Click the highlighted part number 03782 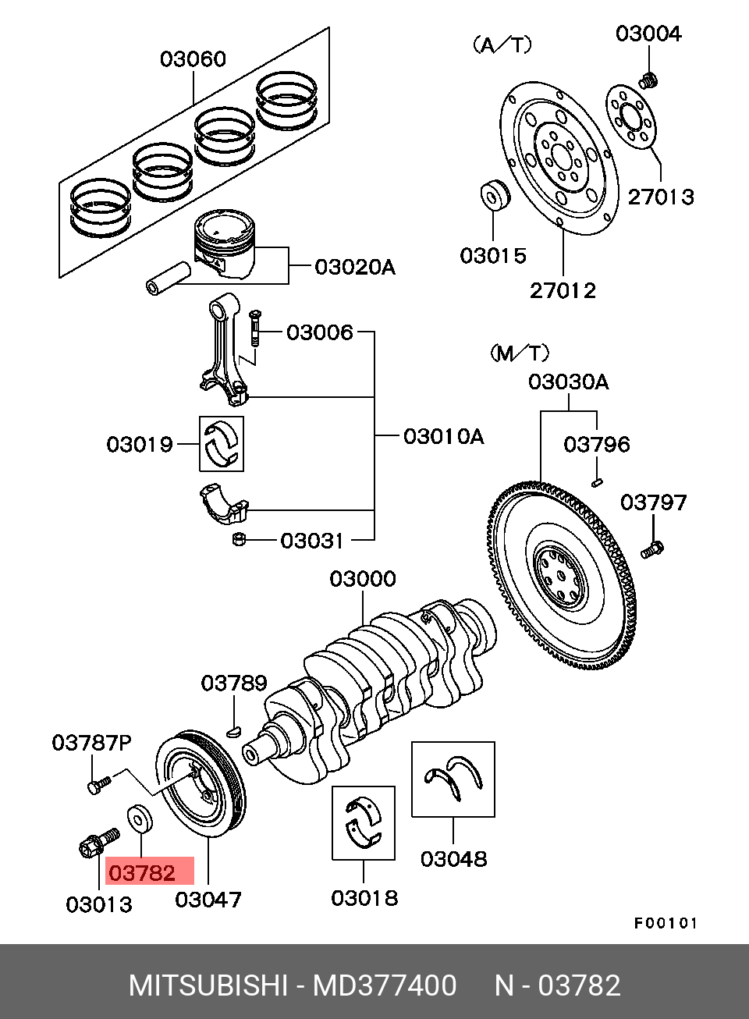coord(142,873)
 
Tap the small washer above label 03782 coord(140,819)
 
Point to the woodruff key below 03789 coord(234,730)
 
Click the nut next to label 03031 coord(240,540)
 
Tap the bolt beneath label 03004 coord(648,80)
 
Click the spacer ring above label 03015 coord(495,195)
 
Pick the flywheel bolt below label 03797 coord(652,549)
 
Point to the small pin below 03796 coord(598,482)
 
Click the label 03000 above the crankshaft coord(363,579)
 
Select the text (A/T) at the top coord(502,45)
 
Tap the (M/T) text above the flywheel coord(520,353)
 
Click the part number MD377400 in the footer coord(385,985)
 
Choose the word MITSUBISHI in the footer coord(208,985)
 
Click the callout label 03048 coord(453,859)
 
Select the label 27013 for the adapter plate coord(661,197)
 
